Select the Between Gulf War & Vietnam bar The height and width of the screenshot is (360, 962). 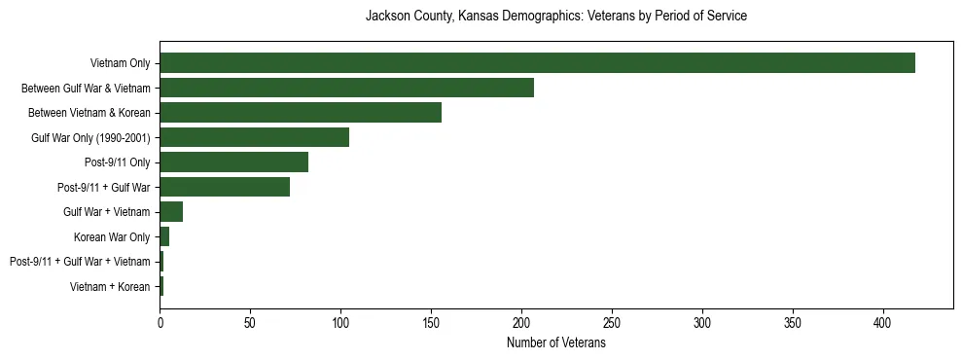tap(346, 88)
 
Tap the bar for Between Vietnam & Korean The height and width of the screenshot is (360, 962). tap(301, 113)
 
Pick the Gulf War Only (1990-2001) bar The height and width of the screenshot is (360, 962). tap(254, 137)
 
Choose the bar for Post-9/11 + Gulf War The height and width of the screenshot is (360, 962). tap(225, 187)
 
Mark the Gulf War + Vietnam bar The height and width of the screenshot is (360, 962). tap(171, 212)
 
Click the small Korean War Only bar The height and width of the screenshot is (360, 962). tap(164, 236)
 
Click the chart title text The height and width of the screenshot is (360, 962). tap(555, 17)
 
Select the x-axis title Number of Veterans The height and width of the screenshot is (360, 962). tap(555, 343)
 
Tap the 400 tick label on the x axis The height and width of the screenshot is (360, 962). tap(883, 323)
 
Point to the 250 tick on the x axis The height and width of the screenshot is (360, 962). tap(612, 323)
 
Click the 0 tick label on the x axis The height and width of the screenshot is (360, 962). tap(160, 323)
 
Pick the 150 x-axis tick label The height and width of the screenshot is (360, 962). tap(431, 323)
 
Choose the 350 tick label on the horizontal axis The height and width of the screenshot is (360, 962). tap(793, 323)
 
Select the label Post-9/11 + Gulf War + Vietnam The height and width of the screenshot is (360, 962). tap(80, 262)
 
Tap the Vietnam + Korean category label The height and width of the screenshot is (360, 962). tap(110, 286)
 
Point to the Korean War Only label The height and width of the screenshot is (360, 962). tap(112, 236)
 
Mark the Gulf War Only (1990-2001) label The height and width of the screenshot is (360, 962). tap(90, 137)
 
